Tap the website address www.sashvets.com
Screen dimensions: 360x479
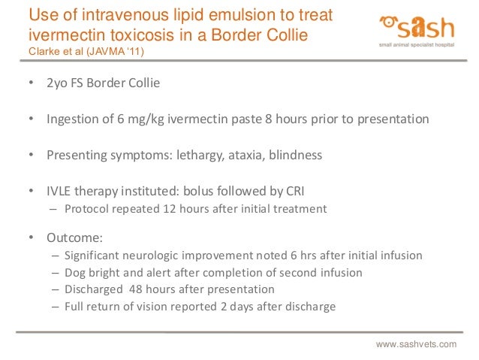tap(416, 343)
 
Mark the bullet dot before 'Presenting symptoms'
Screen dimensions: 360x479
tap(31, 156)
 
